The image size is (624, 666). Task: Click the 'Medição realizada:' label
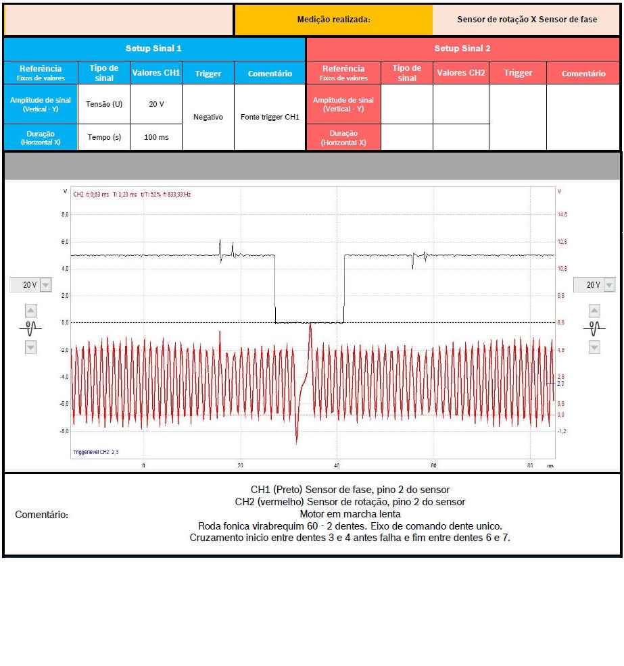333,20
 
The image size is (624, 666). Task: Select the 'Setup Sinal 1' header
153,49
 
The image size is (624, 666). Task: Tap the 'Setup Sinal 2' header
462,49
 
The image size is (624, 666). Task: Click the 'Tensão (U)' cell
104,104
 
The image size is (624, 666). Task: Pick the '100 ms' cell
156,137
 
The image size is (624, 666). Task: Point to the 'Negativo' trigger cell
208,117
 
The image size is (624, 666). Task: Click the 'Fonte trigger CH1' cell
270,117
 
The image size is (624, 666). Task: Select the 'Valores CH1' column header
156,73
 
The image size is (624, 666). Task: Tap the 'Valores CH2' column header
461,73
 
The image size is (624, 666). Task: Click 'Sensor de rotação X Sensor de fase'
527,20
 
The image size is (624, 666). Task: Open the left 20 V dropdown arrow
45,285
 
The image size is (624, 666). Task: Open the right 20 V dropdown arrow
608,285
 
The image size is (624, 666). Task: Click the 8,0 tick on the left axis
66,214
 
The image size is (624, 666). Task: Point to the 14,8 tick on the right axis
562,214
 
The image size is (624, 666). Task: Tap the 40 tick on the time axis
337,466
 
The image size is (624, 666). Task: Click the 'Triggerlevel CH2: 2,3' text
96,452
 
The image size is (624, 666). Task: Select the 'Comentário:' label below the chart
42,515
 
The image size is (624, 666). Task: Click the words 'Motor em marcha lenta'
350,514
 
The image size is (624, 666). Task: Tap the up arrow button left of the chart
30,311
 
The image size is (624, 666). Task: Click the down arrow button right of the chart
594,347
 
